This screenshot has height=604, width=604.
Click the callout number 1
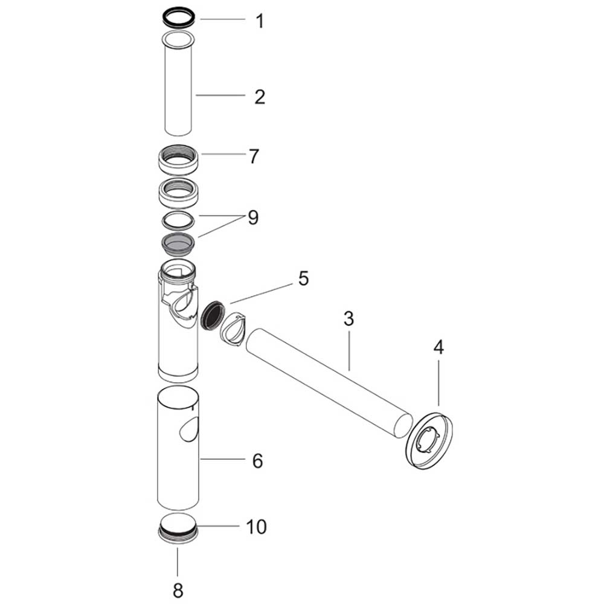point(260,22)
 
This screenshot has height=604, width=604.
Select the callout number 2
point(260,97)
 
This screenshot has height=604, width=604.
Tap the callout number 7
point(254,156)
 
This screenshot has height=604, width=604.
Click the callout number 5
point(303,278)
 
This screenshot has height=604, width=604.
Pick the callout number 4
point(439,347)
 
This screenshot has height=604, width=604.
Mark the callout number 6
point(258,461)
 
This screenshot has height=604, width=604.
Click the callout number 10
point(255,527)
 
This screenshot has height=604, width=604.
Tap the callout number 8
point(178,589)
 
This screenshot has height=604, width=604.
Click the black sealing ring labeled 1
point(178,16)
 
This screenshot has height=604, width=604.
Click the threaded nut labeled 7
point(178,161)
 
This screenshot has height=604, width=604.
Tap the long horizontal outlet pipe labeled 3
point(329,381)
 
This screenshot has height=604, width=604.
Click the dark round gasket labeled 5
point(212,315)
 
